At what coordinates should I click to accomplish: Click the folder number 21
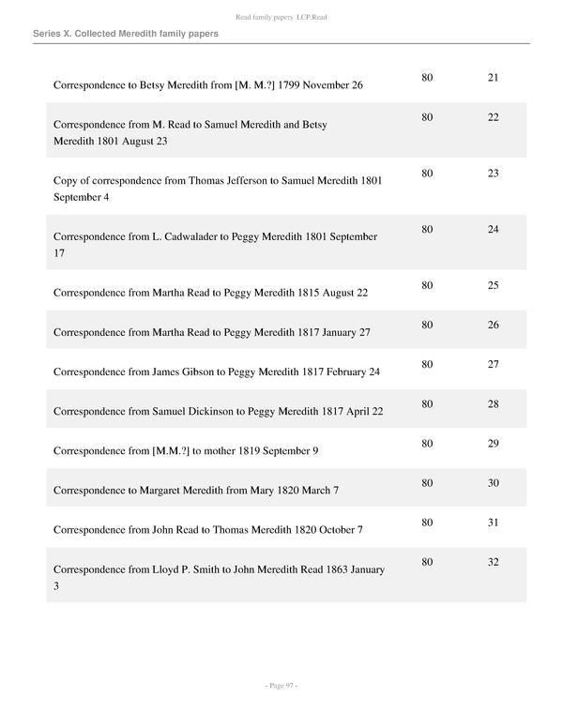pyautogui.click(x=493, y=77)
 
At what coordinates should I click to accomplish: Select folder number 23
pyautogui.click(x=493, y=174)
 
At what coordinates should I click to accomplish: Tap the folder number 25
pyautogui.click(x=493, y=285)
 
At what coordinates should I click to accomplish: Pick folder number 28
pyautogui.click(x=493, y=403)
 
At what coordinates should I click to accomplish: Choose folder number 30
pyautogui.click(x=493, y=482)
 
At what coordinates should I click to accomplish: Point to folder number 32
pyautogui.click(x=493, y=562)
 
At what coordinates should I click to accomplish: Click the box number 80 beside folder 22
pyautogui.click(x=427, y=117)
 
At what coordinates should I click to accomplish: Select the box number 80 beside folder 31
pyautogui.click(x=427, y=523)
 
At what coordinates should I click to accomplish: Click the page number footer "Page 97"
pyautogui.click(x=281, y=687)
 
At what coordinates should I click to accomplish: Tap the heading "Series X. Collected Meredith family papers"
pyautogui.click(x=126, y=34)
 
